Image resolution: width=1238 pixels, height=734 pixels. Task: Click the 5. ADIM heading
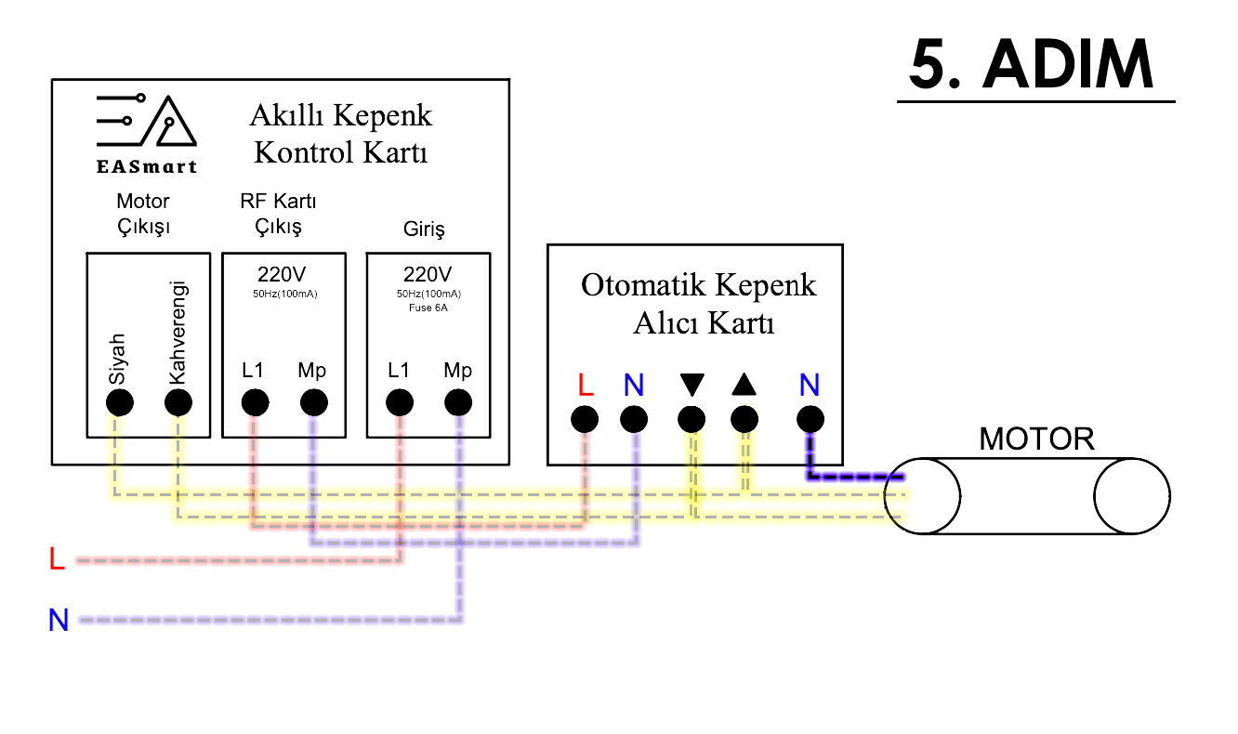pos(1032,65)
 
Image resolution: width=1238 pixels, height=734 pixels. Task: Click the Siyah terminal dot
pos(120,403)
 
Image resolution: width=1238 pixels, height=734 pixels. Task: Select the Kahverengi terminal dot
pos(178,403)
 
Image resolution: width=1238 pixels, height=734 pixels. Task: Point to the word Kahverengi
pos(179,332)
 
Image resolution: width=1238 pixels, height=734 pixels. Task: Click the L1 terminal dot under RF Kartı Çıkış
pos(255,403)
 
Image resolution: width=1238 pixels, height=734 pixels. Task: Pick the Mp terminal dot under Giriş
pos(458,403)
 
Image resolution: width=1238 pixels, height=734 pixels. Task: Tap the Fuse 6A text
pos(428,308)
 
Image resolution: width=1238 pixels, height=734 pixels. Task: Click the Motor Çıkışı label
pos(143,214)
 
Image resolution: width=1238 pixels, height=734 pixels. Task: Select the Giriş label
pos(424,229)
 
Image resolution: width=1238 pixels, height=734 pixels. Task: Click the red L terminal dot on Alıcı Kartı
pos(585,420)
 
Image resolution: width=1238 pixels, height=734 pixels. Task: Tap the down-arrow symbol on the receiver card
pos(691,385)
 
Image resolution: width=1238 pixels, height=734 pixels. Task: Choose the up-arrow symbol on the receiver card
pos(744,384)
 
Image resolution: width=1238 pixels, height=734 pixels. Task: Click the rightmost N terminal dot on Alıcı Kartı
pos(810,420)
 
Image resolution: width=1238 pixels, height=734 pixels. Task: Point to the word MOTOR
pos(1036,439)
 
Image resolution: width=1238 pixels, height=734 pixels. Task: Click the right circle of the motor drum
pos(1131,496)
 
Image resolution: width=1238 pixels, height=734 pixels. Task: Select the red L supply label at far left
pos(58,559)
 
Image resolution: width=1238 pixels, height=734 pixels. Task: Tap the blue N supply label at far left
pos(59,620)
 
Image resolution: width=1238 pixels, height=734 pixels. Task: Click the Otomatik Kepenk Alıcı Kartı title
pos(699,303)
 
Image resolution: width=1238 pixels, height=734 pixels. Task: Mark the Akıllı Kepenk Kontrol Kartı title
pos(341,134)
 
